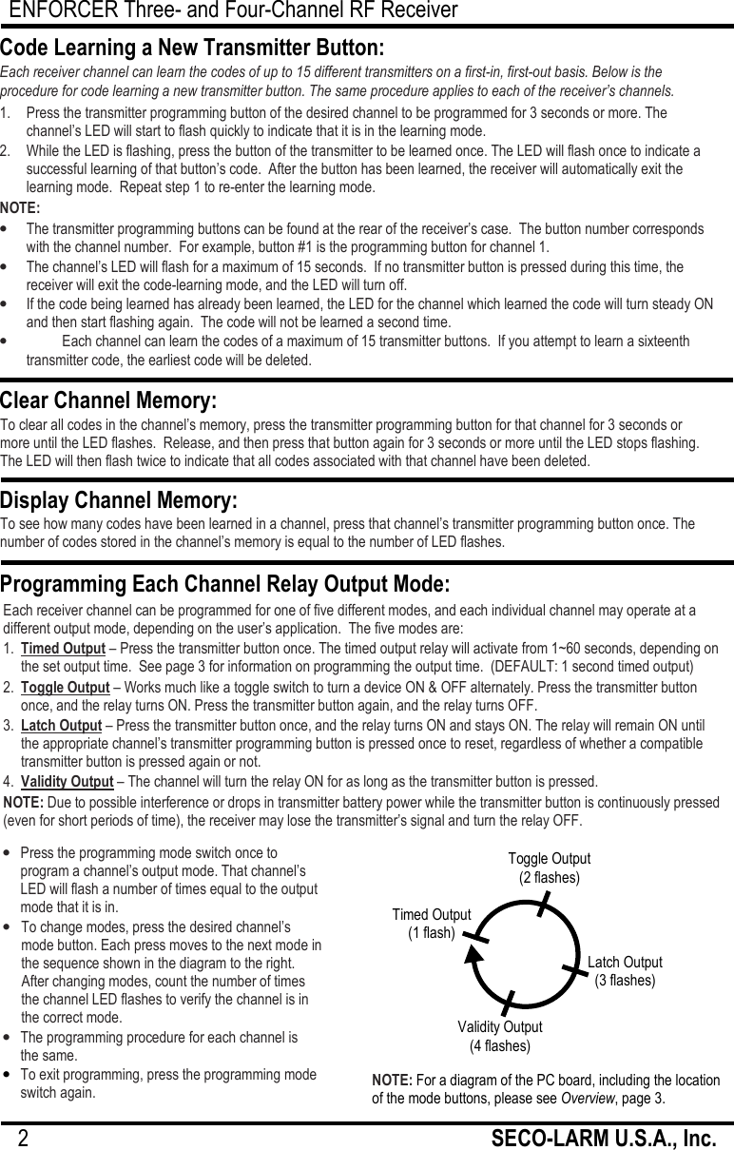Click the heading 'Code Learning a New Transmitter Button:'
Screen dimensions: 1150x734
tap(192, 49)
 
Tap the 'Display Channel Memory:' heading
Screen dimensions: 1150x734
tap(119, 500)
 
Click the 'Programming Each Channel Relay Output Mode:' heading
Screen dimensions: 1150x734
tap(225, 583)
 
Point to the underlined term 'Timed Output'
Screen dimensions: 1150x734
tap(63, 649)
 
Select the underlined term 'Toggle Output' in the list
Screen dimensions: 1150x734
tap(65, 688)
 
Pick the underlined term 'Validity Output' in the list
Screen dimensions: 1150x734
tap(68, 782)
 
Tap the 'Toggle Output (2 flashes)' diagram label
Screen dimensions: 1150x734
tap(549, 868)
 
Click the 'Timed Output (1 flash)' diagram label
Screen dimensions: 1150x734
tap(432, 924)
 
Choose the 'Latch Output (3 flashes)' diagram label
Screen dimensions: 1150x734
tap(625, 971)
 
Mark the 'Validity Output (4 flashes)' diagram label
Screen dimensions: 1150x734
tap(500, 1037)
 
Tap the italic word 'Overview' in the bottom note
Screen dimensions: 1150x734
tap(587, 1099)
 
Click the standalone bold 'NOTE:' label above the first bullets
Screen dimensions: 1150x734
tap(20, 208)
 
